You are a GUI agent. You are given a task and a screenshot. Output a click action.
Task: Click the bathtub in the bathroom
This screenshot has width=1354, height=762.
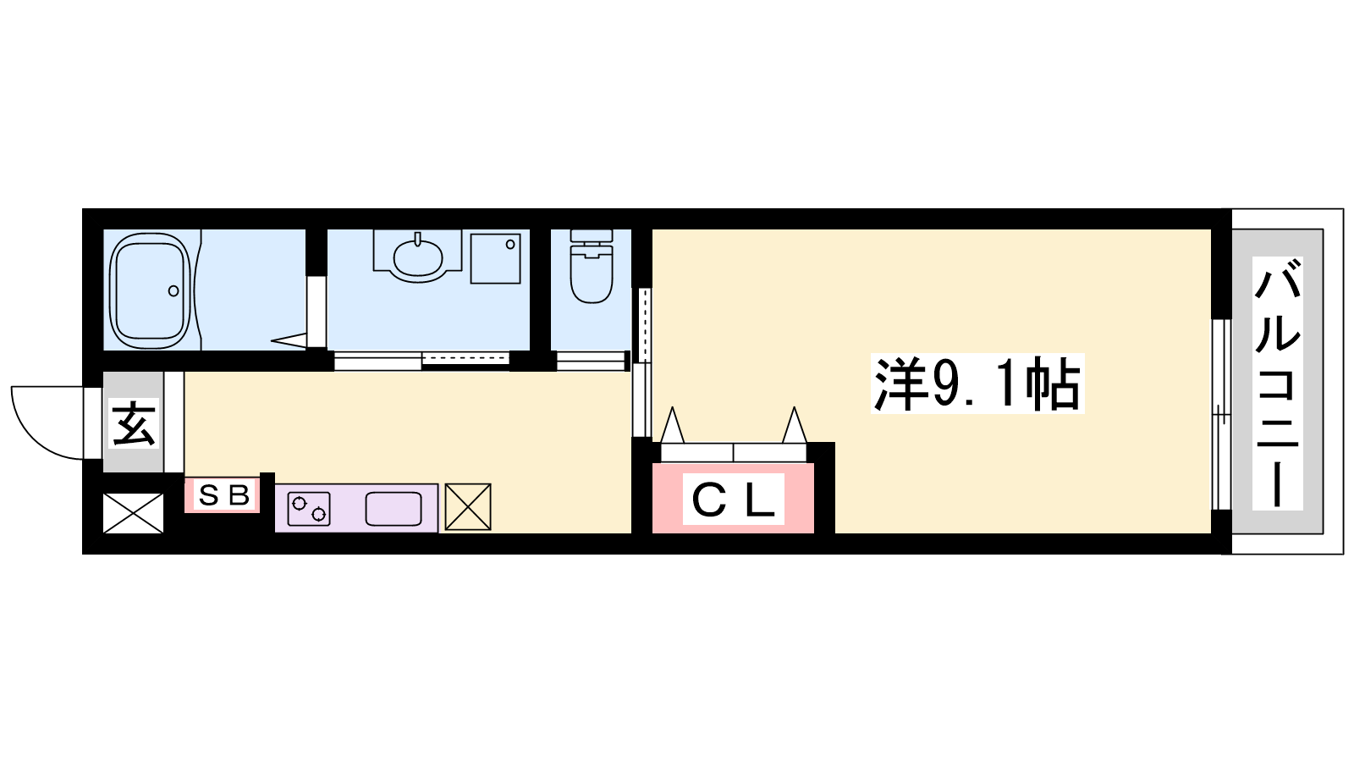[150, 291]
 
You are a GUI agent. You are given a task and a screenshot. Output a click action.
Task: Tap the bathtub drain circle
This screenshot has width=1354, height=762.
[173, 291]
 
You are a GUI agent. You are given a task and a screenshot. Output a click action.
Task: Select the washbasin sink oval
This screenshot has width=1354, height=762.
[417, 258]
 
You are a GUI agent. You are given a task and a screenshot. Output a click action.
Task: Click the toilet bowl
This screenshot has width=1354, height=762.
[592, 279]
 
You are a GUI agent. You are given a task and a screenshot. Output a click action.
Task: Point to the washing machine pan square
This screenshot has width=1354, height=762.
[496, 259]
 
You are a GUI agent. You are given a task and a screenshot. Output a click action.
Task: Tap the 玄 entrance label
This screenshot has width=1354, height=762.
[134, 423]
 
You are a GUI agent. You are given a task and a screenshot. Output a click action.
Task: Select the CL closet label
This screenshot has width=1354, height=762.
[733, 500]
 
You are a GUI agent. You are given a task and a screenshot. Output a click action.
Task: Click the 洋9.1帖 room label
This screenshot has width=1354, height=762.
[977, 384]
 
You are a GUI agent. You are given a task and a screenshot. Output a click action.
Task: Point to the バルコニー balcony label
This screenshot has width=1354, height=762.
[1277, 384]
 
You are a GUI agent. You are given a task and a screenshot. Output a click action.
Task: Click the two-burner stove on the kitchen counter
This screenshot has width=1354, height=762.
[309, 509]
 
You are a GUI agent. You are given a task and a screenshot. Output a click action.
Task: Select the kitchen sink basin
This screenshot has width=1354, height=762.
[394, 509]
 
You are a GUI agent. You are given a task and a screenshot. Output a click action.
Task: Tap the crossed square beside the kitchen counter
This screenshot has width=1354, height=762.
[468, 507]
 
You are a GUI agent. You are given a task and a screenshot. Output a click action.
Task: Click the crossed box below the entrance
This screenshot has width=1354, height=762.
[133, 513]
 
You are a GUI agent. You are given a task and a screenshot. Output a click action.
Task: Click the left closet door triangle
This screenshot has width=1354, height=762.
[672, 425]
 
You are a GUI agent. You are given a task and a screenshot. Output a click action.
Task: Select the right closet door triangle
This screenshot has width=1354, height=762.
[795, 425]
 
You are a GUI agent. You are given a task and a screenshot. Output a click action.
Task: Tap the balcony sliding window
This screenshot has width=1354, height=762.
[1222, 415]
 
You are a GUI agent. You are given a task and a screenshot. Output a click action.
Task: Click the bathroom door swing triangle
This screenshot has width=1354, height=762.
[289, 340]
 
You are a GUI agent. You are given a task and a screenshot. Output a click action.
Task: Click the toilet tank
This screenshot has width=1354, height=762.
[592, 236]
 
